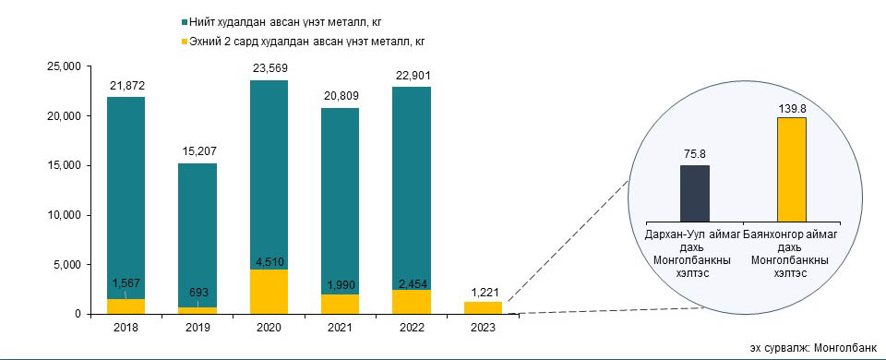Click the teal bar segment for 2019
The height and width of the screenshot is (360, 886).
click(198, 235)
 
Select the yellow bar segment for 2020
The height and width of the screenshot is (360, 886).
click(269, 292)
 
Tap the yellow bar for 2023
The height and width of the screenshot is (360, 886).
click(483, 308)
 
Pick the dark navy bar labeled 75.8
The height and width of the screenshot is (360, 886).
click(694, 193)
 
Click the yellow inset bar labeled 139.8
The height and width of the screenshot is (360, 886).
click(792, 170)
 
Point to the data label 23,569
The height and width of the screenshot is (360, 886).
click(269, 69)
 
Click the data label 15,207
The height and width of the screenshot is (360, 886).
click(198, 151)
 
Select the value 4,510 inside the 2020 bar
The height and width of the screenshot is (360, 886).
click(269, 261)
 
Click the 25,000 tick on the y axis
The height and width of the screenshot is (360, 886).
click(66, 66)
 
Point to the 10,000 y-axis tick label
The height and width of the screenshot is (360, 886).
click(66, 215)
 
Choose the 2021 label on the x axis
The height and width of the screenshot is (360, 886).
click(341, 328)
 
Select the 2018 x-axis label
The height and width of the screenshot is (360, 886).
click(126, 328)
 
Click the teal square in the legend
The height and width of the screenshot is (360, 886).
click(184, 22)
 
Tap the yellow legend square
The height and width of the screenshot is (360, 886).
click(184, 42)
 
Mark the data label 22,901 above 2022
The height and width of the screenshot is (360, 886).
click(412, 76)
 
